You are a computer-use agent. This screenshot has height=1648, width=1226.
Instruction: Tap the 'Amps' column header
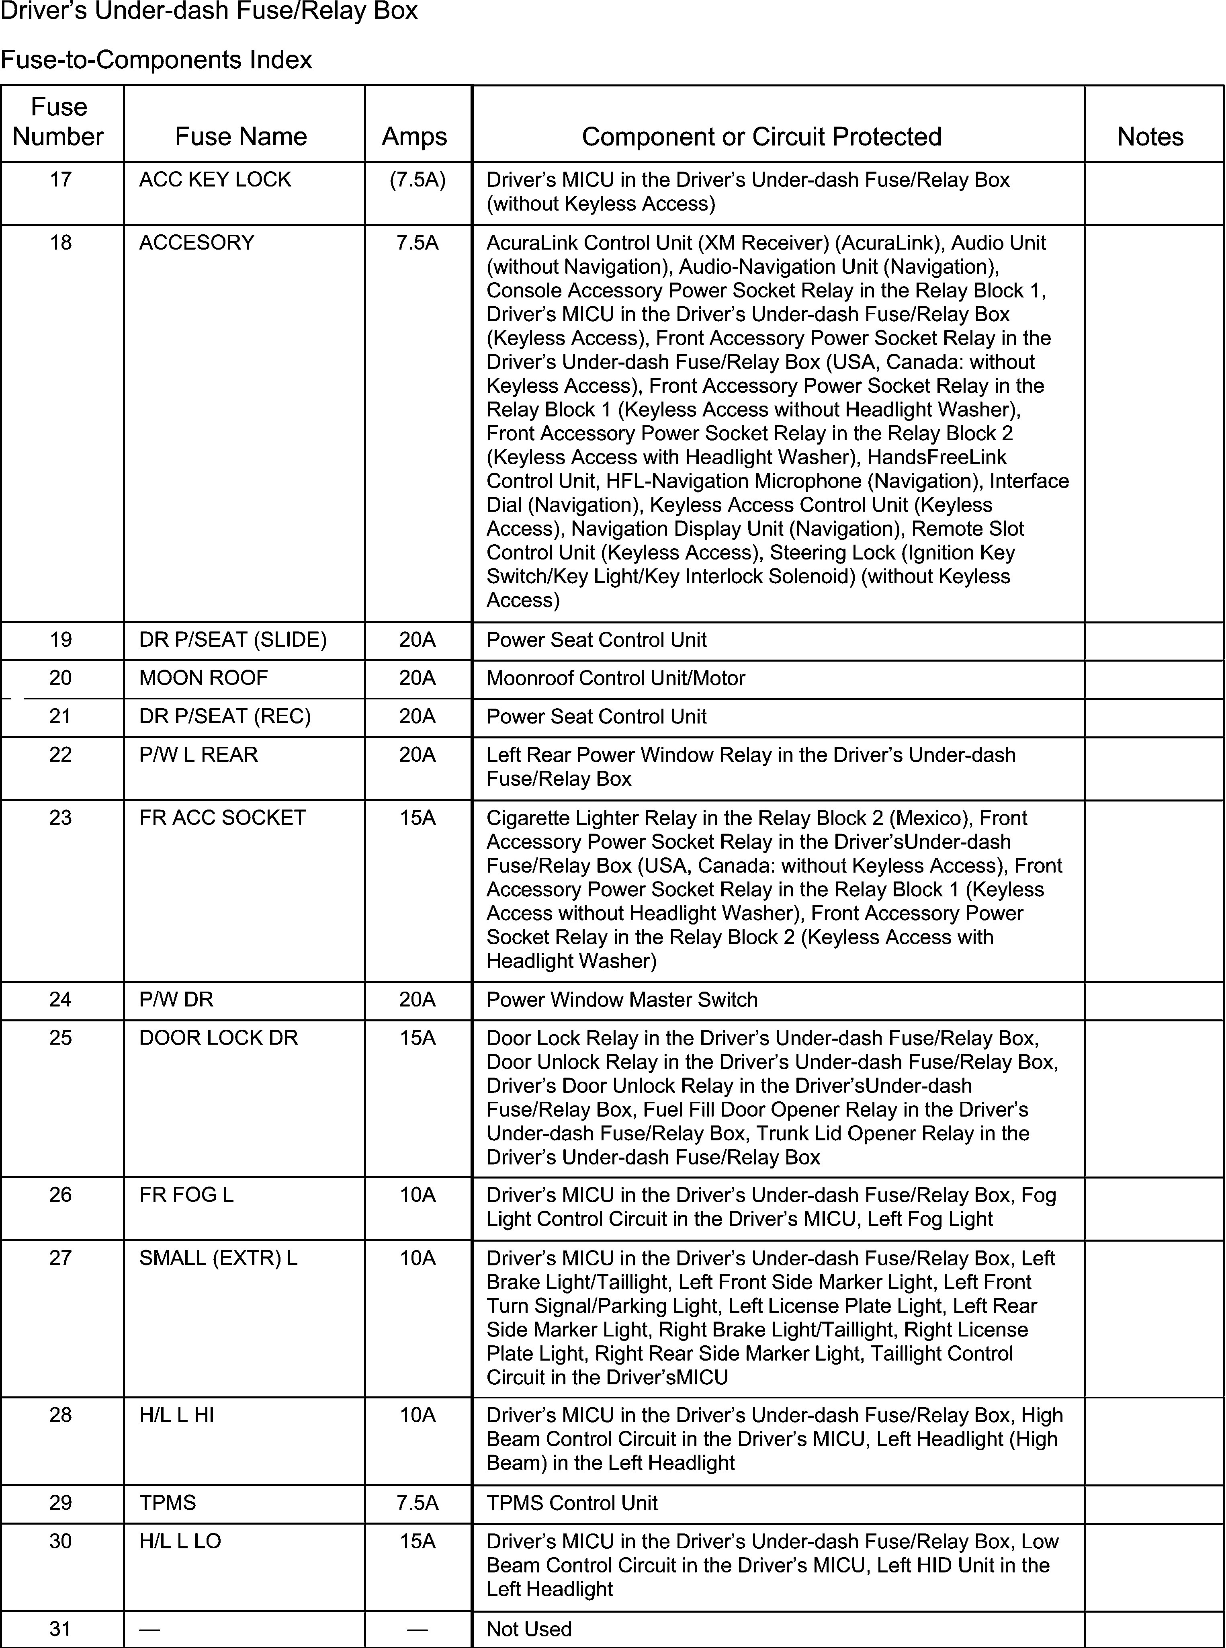pyautogui.click(x=414, y=137)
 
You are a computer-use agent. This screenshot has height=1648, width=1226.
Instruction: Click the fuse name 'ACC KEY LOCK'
pyautogui.click(x=215, y=180)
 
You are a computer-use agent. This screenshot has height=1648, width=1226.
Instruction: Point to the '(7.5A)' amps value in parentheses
pyautogui.click(x=417, y=180)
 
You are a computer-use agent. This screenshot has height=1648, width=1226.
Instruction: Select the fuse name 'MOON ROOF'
pyautogui.click(x=203, y=678)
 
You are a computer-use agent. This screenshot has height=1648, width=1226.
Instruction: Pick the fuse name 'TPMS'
pyautogui.click(x=168, y=1502)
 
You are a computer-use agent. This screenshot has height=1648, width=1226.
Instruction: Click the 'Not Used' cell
pyautogui.click(x=528, y=1629)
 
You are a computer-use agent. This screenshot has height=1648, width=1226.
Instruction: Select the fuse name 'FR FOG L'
pyautogui.click(x=186, y=1195)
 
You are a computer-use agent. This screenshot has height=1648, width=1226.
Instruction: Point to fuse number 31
pyautogui.click(x=60, y=1629)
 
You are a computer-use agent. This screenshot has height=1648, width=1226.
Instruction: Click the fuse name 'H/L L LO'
pyautogui.click(x=180, y=1541)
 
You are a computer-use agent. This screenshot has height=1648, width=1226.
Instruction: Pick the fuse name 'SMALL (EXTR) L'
pyautogui.click(x=218, y=1258)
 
